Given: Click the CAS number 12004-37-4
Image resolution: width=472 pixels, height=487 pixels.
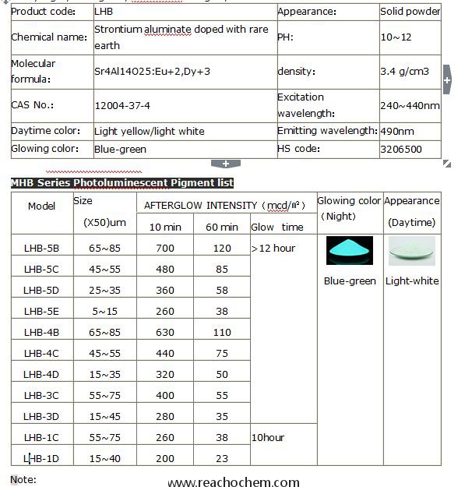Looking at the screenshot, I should [x=122, y=105].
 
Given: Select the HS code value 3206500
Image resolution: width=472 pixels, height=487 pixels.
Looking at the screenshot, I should [x=401, y=149].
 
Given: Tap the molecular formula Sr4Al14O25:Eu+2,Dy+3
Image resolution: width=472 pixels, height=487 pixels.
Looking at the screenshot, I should [x=152, y=71].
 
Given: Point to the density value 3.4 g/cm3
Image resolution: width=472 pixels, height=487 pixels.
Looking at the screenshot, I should [x=404, y=71].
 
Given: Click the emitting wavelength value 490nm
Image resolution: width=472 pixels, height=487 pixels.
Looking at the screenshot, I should [x=397, y=131].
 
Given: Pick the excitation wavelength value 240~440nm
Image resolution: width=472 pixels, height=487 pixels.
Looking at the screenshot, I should [x=410, y=105].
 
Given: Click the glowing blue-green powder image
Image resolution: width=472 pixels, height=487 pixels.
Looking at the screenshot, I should [x=350, y=251].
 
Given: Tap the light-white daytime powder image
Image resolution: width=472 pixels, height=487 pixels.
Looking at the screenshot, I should [x=411, y=251].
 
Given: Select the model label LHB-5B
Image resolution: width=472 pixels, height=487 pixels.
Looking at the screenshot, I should [x=42, y=248].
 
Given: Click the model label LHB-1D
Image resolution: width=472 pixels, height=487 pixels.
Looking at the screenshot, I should [x=42, y=458].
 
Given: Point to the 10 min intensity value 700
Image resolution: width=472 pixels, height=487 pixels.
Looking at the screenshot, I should [x=164, y=248].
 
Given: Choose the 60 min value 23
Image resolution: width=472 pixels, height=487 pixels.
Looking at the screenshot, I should [x=222, y=458].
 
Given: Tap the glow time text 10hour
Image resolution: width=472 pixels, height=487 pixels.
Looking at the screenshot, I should [x=268, y=437].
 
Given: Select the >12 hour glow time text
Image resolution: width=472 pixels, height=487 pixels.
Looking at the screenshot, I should [x=273, y=248].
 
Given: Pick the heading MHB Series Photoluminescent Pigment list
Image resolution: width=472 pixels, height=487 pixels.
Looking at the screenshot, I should [x=122, y=182].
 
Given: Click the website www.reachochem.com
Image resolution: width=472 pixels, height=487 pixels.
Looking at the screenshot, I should [x=234, y=482].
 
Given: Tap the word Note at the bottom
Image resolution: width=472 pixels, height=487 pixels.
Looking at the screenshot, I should [x=23, y=479].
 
